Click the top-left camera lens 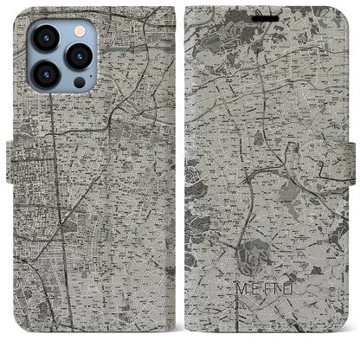click(x=46, y=38)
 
